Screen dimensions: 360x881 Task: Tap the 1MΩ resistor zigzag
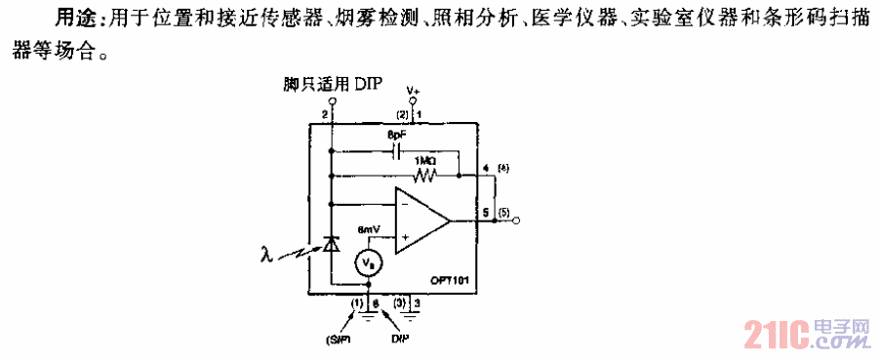coord(425,176)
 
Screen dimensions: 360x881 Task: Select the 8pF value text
coord(396,135)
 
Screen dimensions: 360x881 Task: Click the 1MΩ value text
coord(426,160)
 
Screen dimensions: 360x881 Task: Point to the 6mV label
coord(369,230)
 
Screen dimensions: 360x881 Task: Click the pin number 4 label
coord(486,169)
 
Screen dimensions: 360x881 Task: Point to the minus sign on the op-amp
coord(404,207)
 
